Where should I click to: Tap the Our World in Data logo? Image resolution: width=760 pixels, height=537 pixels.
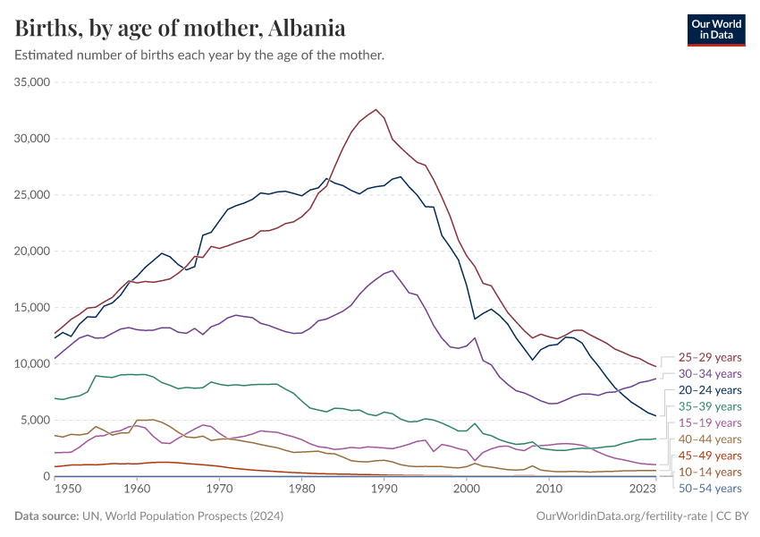pyautogui.click(x=715, y=29)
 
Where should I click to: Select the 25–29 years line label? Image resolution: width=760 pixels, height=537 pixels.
pyautogui.click(x=710, y=357)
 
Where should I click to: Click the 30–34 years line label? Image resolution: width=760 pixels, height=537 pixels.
pyautogui.click(x=710, y=373)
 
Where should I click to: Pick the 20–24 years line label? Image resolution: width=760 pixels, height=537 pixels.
pyautogui.click(x=710, y=390)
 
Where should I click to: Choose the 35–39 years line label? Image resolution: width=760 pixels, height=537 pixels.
pyautogui.click(x=710, y=406)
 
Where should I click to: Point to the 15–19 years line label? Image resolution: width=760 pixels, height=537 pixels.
pyautogui.click(x=710, y=422)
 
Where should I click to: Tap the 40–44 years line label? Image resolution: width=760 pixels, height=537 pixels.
pyautogui.click(x=710, y=439)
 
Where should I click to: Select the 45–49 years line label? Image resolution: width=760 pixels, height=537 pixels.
pyautogui.click(x=710, y=456)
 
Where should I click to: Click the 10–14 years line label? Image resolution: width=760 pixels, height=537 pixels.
pyautogui.click(x=710, y=472)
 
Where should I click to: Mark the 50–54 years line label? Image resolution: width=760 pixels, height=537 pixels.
pyautogui.click(x=710, y=489)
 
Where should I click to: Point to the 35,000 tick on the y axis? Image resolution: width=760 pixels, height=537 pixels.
pyautogui.click(x=31, y=82)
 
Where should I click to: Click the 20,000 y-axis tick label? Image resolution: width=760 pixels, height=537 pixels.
pyautogui.click(x=31, y=251)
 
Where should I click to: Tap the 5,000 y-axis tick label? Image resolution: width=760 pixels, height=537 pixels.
pyautogui.click(x=35, y=420)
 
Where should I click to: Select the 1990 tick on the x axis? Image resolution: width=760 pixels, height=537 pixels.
pyautogui.click(x=384, y=489)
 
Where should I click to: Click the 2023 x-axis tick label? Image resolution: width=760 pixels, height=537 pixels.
pyautogui.click(x=642, y=489)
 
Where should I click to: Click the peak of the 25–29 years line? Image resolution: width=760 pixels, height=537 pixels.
pyautogui.click(x=376, y=110)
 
